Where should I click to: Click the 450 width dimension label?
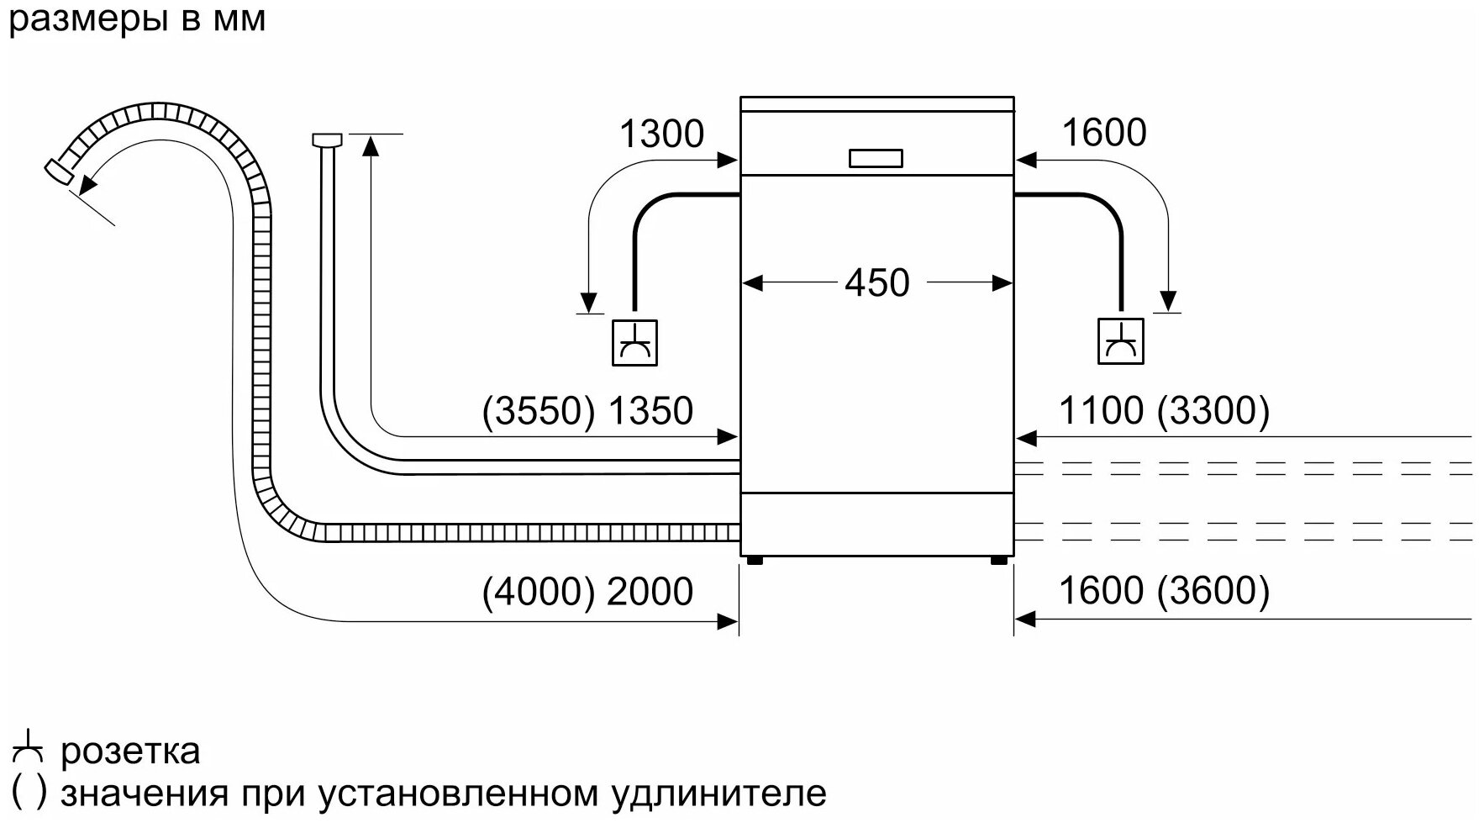coord(876,282)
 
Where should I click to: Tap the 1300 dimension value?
coord(661,134)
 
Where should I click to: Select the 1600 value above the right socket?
coord(1104,133)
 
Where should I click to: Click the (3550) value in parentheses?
coord(539,411)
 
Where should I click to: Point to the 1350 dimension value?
coord(650,411)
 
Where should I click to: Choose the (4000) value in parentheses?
coord(539,591)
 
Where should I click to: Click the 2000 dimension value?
coord(650,591)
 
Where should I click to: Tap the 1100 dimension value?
coord(1101,411)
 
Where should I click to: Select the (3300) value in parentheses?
coord(1213,411)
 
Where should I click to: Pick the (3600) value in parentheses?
coord(1213,591)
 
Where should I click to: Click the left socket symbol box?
coord(634,343)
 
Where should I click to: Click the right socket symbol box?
coord(1121,341)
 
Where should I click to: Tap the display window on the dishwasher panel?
coord(876,158)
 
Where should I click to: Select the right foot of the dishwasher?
coord(999,562)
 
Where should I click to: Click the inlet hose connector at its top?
coord(327,139)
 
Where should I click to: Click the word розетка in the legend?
coord(130,751)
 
